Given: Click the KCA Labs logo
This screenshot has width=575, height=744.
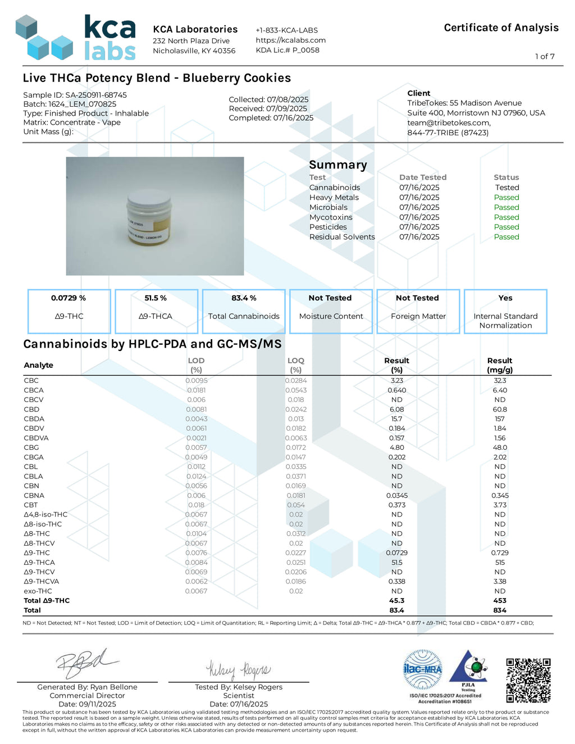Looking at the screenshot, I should pyautogui.click(x=75, y=38).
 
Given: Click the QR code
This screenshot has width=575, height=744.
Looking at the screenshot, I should pyautogui.click(x=528, y=680).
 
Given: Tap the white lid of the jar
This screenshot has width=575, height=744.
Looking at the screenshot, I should pyautogui.click(x=149, y=199).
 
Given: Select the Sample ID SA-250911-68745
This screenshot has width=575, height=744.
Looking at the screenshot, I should pyautogui.click(x=95, y=95).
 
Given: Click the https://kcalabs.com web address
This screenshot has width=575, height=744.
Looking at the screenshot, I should pyautogui.click(x=290, y=40).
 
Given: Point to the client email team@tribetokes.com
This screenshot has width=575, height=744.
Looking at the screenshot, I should pyautogui.click(x=449, y=123).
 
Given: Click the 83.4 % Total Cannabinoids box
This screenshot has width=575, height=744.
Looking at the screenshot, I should pyautogui.click(x=244, y=311).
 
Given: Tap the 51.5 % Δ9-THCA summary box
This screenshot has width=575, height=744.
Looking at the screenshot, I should pyautogui.click(x=156, y=311).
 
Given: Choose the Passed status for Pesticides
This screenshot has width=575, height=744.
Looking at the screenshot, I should pyautogui.click(x=506, y=227).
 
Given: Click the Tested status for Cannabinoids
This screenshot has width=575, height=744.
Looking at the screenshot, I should pyautogui.click(x=506, y=188).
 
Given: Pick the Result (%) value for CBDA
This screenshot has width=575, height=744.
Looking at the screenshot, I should pyautogui.click(x=396, y=419).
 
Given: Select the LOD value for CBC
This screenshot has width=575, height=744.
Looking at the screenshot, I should pyautogui.click(x=197, y=381).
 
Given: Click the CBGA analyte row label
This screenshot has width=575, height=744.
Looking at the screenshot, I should pyautogui.click(x=34, y=457).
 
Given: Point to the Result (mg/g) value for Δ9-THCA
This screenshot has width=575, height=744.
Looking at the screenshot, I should pyautogui.click(x=500, y=563).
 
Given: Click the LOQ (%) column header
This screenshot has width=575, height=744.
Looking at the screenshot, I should pyautogui.click(x=295, y=365).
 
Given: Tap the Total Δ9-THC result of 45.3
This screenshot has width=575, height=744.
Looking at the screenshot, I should pyautogui.click(x=396, y=601).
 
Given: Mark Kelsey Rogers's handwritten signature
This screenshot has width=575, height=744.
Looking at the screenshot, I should pyautogui.click(x=238, y=669).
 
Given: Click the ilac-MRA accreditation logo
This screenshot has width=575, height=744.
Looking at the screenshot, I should pyautogui.click(x=423, y=669).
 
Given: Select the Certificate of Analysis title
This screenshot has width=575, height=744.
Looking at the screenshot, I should pyautogui.click(x=501, y=28).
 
